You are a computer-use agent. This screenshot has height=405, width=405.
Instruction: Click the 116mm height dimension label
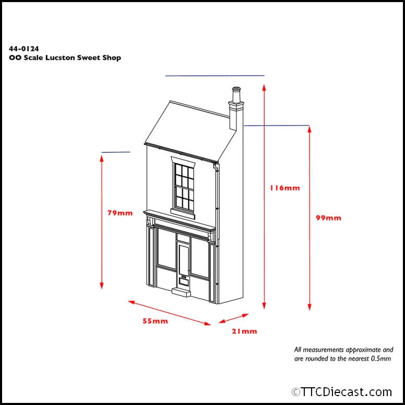click(285, 188)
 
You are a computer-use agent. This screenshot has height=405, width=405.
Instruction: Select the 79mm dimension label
click(120, 213)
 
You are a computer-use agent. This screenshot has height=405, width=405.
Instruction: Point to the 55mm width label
click(156, 321)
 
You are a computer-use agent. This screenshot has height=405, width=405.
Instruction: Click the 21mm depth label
click(244, 331)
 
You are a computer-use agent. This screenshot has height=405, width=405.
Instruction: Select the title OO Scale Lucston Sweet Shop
click(65, 58)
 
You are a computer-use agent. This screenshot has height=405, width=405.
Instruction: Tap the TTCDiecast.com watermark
click(342, 391)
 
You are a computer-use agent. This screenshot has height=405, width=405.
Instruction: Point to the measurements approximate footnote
click(343, 354)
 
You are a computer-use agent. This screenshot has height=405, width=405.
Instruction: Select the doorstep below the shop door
click(181, 292)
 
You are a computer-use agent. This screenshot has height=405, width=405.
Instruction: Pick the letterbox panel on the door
click(183, 281)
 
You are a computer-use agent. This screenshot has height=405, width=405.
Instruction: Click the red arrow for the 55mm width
click(169, 313)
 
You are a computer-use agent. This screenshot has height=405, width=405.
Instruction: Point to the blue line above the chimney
click(215, 76)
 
